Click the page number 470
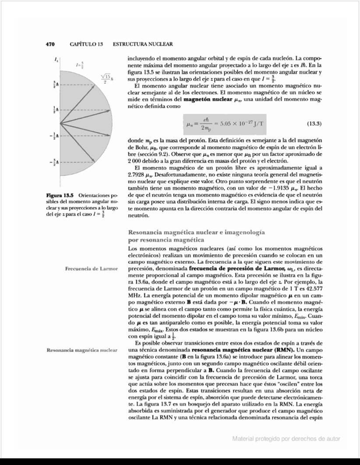pos(50,44)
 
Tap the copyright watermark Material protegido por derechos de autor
pos(286,439)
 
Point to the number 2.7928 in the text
pos(137,180)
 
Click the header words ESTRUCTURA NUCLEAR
pos(143,44)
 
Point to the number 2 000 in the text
pos(135,161)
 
